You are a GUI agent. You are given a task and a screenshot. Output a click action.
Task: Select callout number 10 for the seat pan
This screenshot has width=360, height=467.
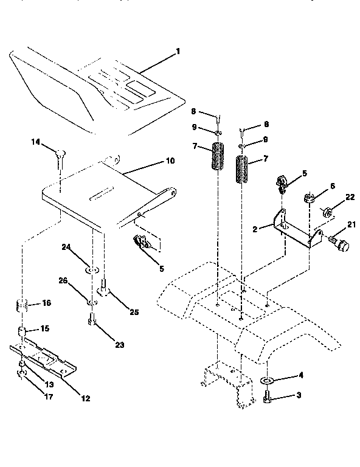(170, 161)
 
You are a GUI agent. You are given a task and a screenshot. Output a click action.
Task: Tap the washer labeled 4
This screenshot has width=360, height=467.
(266, 381)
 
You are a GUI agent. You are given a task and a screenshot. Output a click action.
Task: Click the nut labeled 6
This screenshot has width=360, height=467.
(309, 197)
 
